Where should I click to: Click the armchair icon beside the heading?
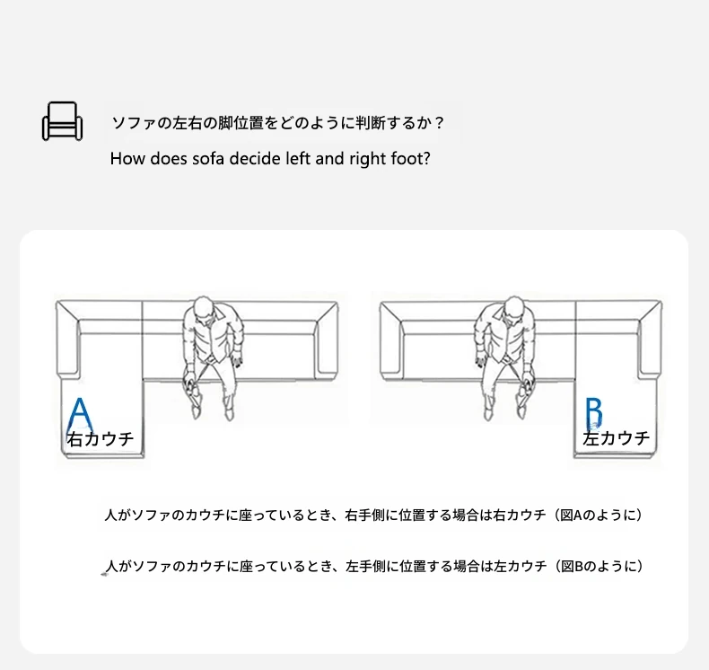63,120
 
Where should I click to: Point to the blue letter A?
80,415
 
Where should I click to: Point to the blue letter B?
594,413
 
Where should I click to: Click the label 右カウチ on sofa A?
101,439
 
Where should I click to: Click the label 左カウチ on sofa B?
617,438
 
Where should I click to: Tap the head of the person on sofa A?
204,310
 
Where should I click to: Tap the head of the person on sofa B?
513,310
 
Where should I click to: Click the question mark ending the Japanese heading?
437,123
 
